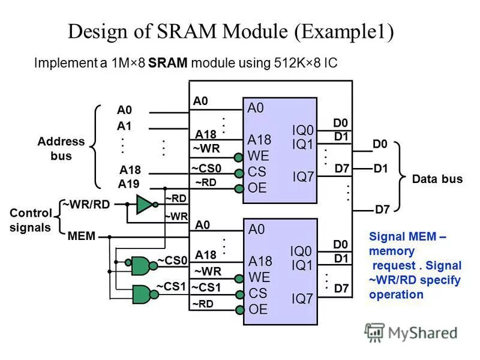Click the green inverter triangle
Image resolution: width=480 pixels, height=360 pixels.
145,205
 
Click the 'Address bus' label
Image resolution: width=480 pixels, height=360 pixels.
61,149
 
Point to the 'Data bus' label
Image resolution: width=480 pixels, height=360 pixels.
437,179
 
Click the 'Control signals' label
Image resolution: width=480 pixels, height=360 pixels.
30,220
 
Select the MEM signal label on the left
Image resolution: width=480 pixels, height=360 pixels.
82,236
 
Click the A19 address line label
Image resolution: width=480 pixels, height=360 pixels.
128,184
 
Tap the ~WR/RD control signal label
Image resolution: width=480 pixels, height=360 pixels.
90,205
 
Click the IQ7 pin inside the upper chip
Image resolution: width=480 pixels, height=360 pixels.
303,176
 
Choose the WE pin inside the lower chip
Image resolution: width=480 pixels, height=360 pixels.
259,277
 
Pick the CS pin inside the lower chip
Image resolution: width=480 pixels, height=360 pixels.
257,293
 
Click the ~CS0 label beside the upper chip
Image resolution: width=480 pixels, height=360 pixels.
206,168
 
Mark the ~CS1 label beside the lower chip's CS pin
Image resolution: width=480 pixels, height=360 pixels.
206,287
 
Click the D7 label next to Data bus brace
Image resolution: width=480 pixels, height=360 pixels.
382,209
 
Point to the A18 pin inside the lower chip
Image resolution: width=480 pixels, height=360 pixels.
260,261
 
